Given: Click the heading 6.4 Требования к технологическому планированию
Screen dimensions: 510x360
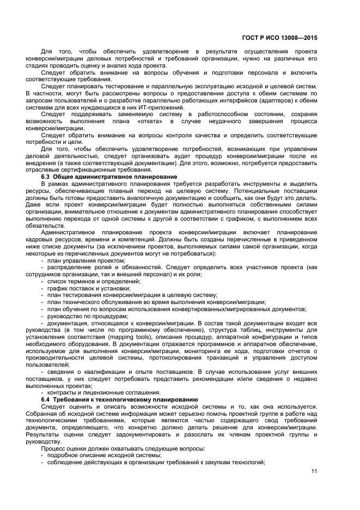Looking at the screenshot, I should point(120,399).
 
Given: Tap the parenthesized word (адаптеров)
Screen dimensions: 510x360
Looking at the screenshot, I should point(257,100).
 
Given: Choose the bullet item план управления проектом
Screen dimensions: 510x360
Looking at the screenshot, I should point(78,260).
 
